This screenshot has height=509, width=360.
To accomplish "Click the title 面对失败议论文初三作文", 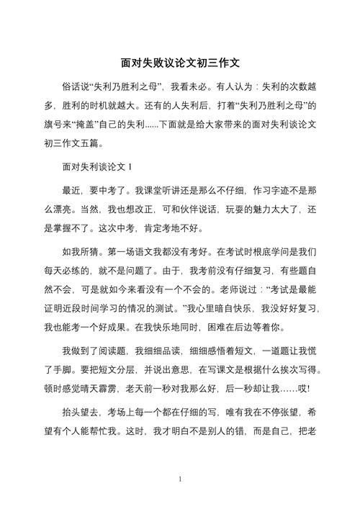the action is point(180,63).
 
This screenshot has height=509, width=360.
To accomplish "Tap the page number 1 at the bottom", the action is point(180,478).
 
